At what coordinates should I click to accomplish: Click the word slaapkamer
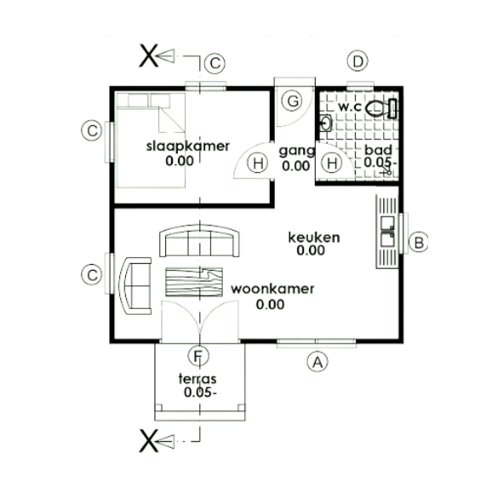pyautogui.click(x=188, y=146)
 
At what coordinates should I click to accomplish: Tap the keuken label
pyautogui.click(x=314, y=237)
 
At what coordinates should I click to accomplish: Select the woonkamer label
pyautogui.click(x=272, y=289)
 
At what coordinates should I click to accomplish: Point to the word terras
pyautogui.click(x=197, y=379)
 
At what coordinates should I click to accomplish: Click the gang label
pyautogui.click(x=297, y=151)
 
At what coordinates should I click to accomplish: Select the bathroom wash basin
pyautogui.click(x=325, y=123)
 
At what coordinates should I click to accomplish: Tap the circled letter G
pyautogui.click(x=292, y=101)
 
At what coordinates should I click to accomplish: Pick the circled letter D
pyautogui.click(x=357, y=61)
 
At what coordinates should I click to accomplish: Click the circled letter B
pyautogui.click(x=419, y=242)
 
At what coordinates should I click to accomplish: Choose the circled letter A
pyautogui.click(x=317, y=362)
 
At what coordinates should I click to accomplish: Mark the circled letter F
pyautogui.click(x=198, y=355)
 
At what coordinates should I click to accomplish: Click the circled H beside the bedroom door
pyautogui.click(x=258, y=163)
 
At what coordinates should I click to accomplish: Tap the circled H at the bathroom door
pyautogui.click(x=332, y=163)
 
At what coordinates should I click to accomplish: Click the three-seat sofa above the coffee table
pyautogui.click(x=199, y=241)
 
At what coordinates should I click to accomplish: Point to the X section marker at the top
pyautogui.click(x=149, y=56)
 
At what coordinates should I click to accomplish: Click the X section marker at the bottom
pyautogui.click(x=149, y=441)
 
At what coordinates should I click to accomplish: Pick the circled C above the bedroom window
pyautogui.click(x=215, y=63)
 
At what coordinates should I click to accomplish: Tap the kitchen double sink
pyautogui.click(x=387, y=232)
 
